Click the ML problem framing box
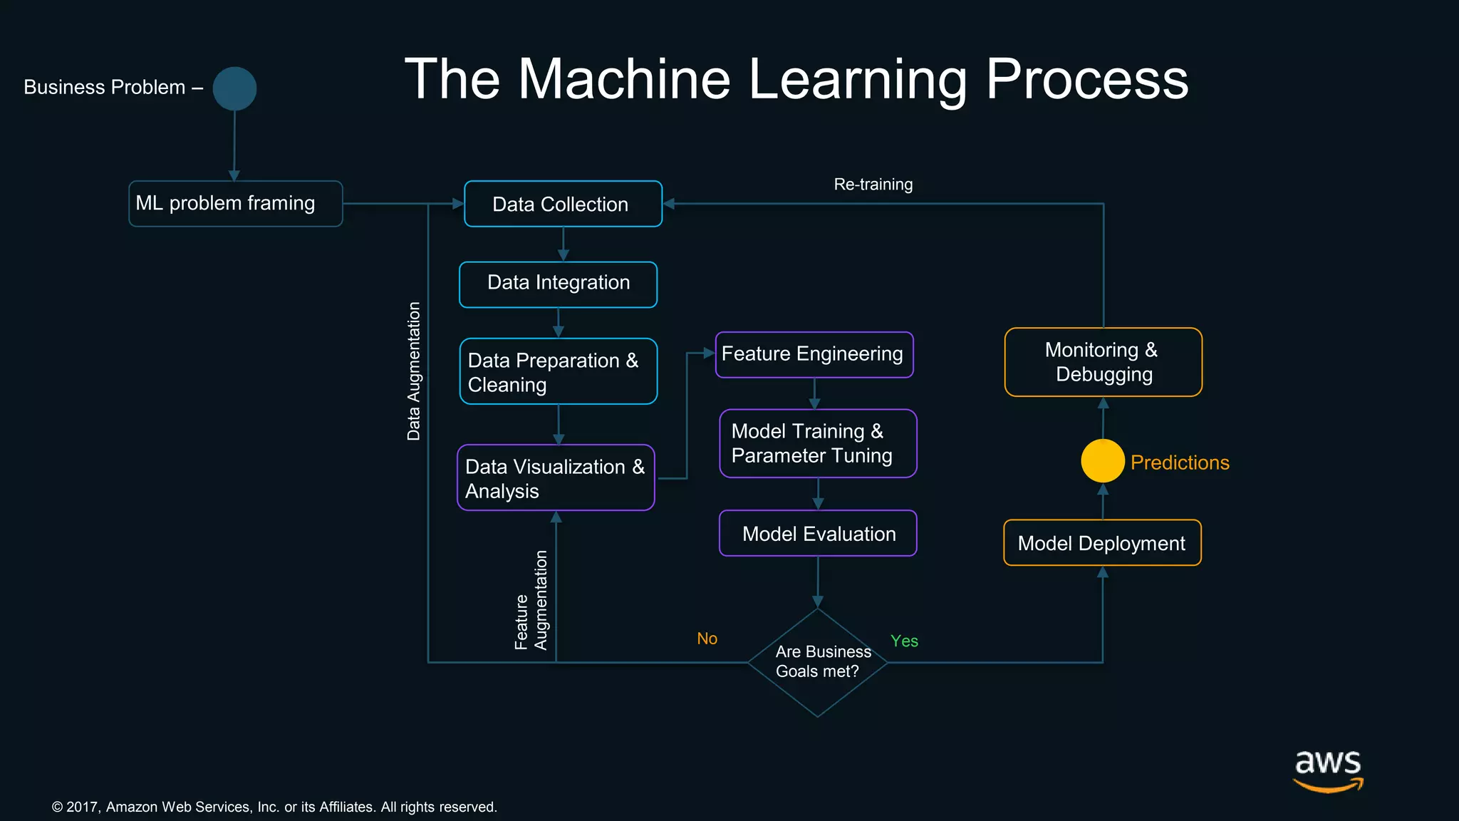click(x=235, y=204)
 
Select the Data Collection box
click(x=563, y=204)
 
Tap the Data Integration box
click(x=558, y=284)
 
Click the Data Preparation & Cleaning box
click(x=558, y=371)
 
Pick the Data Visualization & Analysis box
click(x=556, y=477)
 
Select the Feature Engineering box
click(x=814, y=354)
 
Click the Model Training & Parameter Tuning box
click(x=818, y=443)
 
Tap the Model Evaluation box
click(x=818, y=533)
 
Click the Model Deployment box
click(x=1102, y=543)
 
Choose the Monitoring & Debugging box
click(x=1103, y=362)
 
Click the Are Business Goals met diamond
click(x=818, y=662)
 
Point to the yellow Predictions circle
click(x=1102, y=461)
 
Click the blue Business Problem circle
click(x=234, y=89)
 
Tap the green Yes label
click(x=904, y=641)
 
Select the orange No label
click(x=707, y=639)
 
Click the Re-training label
click(x=873, y=185)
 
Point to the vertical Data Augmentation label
click(x=413, y=371)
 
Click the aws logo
click(x=1328, y=770)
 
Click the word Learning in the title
click(x=858, y=80)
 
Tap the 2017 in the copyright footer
click(x=82, y=807)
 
